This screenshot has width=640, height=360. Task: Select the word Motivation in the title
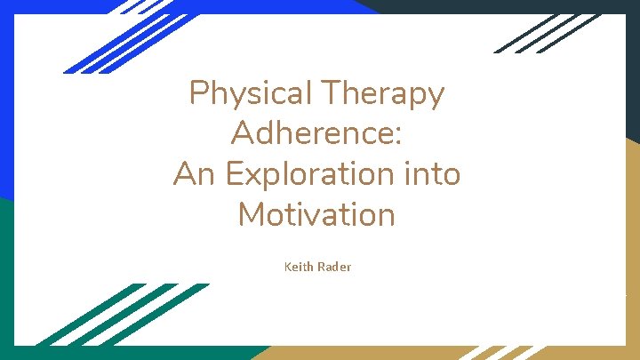click(x=316, y=214)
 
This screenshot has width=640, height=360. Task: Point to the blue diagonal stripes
click(x=116, y=40)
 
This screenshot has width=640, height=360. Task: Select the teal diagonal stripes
click(x=116, y=316)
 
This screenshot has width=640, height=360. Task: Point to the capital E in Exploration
click(x=235, y=173)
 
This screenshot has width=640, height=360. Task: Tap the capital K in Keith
click(x=287, y=267)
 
